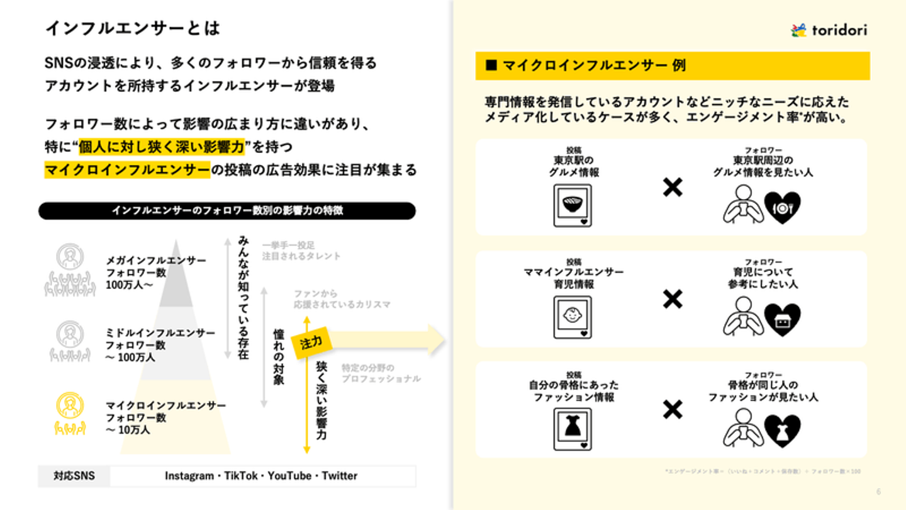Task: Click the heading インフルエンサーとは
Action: coord(133,28)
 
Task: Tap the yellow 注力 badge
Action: coord(311,344)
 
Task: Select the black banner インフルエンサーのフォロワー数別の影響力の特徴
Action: coord(227,211)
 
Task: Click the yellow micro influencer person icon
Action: coord(69,413)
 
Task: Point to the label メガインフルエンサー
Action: coord(156,260)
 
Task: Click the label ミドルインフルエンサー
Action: coord(160,332)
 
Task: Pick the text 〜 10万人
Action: coord(128,431)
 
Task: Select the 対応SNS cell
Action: coord(74,476)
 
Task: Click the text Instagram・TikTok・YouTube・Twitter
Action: coord(261,476)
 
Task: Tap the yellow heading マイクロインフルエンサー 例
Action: coord(595,65)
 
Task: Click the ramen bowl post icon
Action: coord(573,206)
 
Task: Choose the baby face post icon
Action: coord(573,317)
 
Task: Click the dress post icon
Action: coord(573,429)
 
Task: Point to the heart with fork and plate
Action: coord(782,208)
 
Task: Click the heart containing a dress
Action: coord(782,431)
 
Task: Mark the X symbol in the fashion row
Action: coord(673,411)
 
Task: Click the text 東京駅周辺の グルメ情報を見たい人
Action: coord(763,166)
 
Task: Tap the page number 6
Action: coord(879,492)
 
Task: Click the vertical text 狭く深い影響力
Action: coord(321,401)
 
